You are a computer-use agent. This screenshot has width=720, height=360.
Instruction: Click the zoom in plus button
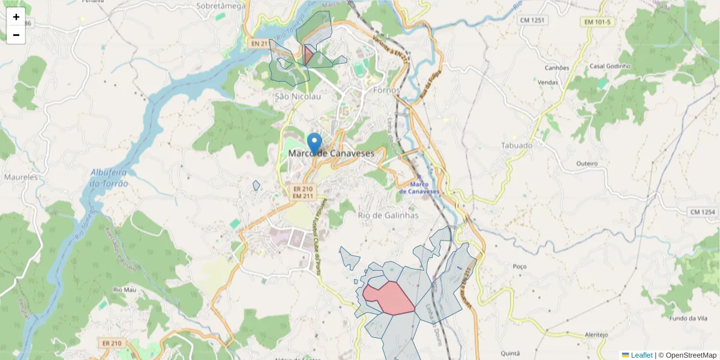(16, 17)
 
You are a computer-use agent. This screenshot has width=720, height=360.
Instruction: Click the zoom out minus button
(16, 35)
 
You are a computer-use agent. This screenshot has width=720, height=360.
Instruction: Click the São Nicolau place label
(298, 96)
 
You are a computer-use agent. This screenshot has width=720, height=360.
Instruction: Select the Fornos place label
(386, 90)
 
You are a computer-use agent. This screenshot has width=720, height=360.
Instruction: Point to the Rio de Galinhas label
(388, 215)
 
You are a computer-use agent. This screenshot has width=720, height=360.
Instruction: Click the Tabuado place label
(517, 145)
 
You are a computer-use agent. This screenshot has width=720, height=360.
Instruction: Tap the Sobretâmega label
(221, 6)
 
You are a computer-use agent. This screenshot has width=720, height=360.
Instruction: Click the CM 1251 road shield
(532, 20)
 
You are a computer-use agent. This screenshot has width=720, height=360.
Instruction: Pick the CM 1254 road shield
(703, 212)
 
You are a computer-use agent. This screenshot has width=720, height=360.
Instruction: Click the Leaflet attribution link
(641, 355)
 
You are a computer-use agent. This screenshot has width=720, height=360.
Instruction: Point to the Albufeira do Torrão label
(109, 178)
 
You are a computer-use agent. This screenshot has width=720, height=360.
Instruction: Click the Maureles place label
(21, 177)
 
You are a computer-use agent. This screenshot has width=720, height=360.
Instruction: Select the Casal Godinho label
(610, 66)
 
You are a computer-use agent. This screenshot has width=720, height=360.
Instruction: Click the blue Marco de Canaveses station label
(419, 187)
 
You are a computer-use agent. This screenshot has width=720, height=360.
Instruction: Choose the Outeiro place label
(587, 163)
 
